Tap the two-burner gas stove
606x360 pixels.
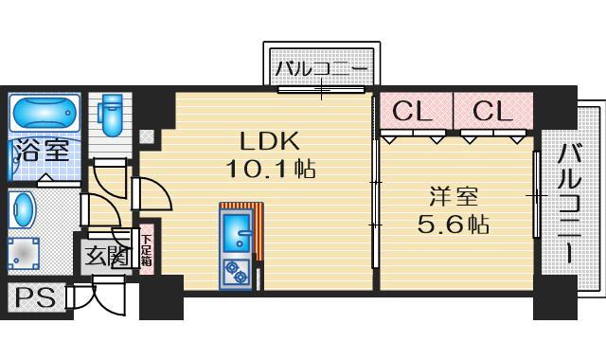pos(235,271)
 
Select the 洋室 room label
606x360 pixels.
pos(453,198)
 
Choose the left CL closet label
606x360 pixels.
pos(413,111)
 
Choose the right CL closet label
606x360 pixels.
pos(491,111)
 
